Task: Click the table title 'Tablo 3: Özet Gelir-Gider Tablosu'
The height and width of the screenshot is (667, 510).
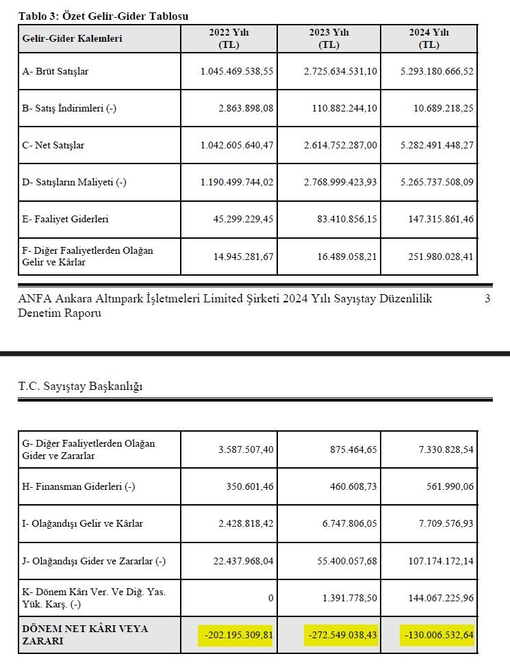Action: pos(103,16)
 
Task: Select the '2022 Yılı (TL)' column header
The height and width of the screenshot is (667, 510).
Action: pos(229,38)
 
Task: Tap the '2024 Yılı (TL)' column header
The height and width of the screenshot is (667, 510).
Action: pos(429,38)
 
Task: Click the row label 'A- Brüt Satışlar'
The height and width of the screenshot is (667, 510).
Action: pos(55,71)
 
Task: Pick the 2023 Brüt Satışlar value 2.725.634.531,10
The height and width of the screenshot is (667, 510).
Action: pos(340,71)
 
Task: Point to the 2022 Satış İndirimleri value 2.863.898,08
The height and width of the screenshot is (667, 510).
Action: pos(238,108)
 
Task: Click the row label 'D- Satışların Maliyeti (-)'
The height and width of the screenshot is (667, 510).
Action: pos(75,182)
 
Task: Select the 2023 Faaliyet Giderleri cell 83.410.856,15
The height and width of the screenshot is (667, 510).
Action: pos(345,219)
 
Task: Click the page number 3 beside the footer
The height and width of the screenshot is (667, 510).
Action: pos(487,299)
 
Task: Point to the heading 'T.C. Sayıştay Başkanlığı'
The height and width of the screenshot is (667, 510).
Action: pos(80,387)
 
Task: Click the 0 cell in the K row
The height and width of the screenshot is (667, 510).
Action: pos(270,598)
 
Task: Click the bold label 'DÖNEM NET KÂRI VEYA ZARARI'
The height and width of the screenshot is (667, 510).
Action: pos(86,635)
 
